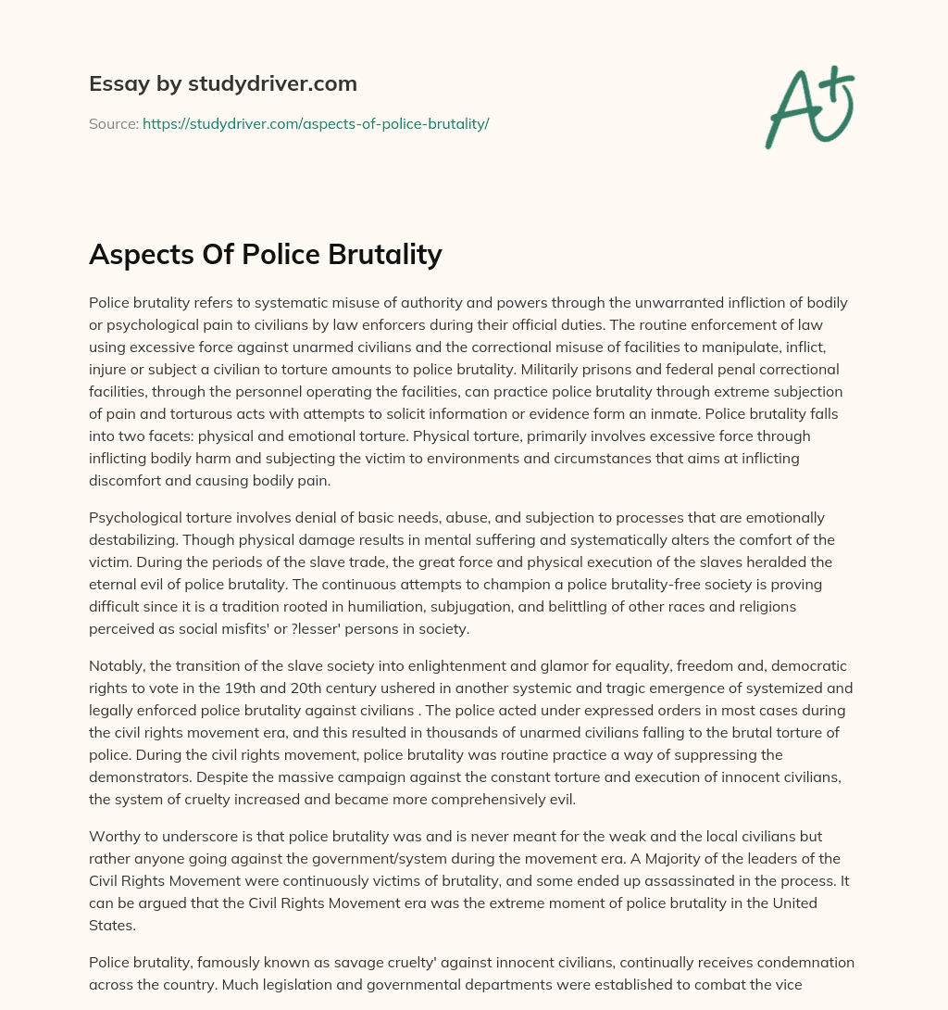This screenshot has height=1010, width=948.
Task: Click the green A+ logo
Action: click(809, 106)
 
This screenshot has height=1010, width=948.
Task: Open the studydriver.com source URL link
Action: click(315, 123)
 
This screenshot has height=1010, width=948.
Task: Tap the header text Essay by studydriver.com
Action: click(222, 83)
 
